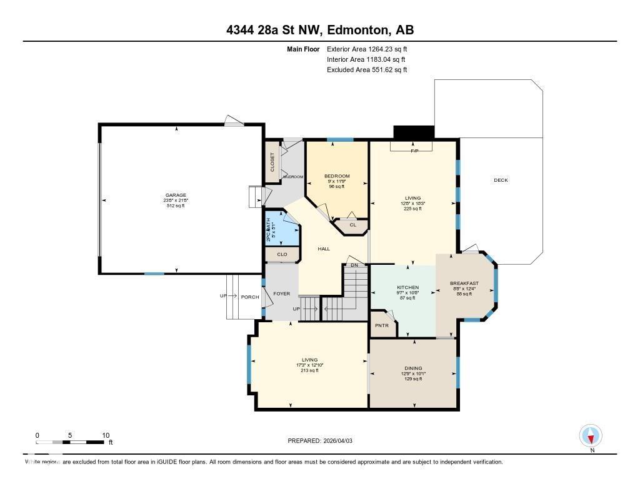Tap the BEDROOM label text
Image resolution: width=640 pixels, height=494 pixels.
(337, 176)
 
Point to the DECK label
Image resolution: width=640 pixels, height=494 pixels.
(501, 180)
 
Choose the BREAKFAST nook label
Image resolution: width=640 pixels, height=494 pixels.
(464, 284)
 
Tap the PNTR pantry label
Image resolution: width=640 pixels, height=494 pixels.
(382, 325)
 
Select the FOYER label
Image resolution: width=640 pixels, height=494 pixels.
(282, 294)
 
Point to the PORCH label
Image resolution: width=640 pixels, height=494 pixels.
(250, 297)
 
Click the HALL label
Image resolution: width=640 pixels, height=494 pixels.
(324, 249)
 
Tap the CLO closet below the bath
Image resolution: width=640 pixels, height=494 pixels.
(282, 254)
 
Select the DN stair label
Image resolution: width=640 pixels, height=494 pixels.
(354, 265)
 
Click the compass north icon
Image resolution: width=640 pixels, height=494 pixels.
(591, 435)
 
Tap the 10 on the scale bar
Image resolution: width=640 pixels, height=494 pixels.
(106, 435)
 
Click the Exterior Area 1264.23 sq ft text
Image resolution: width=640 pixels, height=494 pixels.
(367, 49)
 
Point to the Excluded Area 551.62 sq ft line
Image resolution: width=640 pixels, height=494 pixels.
(367, 70)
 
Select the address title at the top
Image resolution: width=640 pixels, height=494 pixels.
(320, 30)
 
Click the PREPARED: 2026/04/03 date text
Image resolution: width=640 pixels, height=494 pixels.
(324, 441)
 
